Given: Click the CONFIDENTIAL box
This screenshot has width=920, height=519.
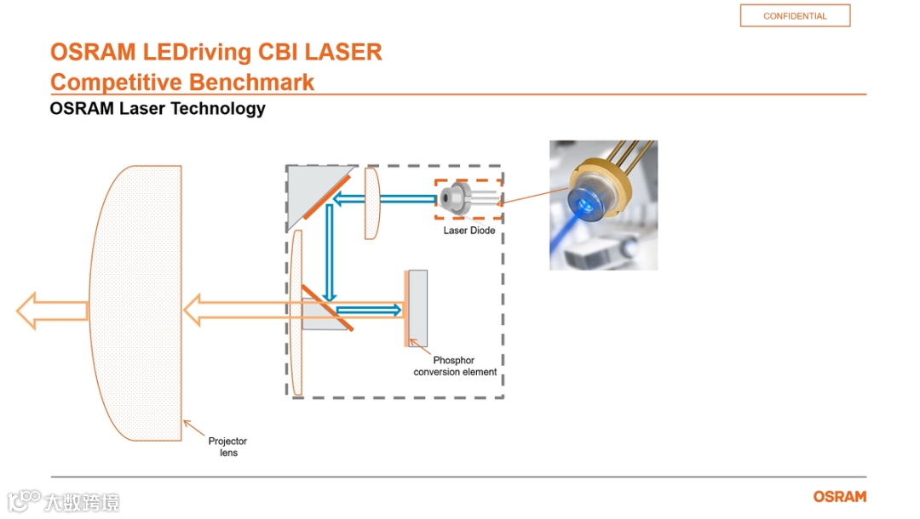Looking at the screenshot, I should click(x=795, y=16).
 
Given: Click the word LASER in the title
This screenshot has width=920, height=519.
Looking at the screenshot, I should click(x=343, y=52).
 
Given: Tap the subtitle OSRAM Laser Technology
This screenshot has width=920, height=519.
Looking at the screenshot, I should click(x=158, y=109).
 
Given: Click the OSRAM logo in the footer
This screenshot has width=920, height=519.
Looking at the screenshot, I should click(x=839, y=497).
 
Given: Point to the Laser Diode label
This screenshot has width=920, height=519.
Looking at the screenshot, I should click(x=469, y=231).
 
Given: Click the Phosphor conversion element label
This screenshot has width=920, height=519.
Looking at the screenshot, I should click(x=455, y=367).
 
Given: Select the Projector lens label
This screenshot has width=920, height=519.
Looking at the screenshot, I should click(x=227, y=447).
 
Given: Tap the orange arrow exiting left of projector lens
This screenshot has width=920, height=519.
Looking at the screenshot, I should click(x=51, y=311).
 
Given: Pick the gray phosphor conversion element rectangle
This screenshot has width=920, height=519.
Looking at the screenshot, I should click(x=417, y=306).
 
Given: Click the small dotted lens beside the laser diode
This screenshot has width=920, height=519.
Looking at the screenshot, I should click(x=371, y=202).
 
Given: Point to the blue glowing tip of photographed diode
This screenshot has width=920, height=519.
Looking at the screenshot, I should click(x=587, y=202).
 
